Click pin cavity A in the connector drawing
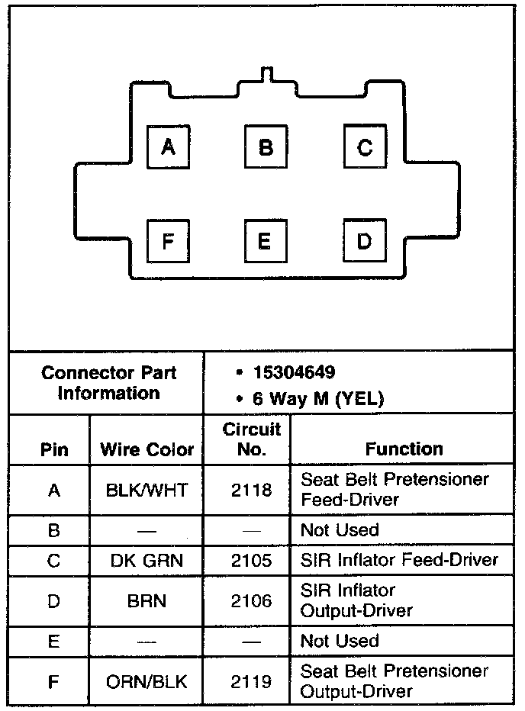(169, 147)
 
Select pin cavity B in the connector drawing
(266, 147)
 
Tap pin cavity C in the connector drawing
(364, 147)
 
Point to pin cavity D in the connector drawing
(364, 241)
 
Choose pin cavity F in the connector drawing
(169, 241)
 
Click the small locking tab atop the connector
(266, 74)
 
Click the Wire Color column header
(147, 449)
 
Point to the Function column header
(404, 449)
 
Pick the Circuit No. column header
(251, 439)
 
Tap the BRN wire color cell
(147, 601)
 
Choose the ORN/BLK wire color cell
(147, 681)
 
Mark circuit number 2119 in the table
(251, 681)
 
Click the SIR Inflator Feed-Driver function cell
(399, 561)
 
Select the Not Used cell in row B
(340, 529)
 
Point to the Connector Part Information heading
(108, 383)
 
